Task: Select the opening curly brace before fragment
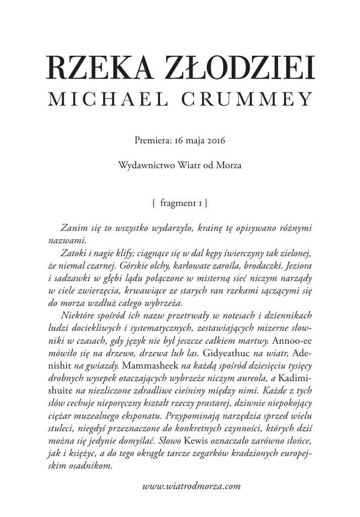153,203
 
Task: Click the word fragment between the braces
177,203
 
